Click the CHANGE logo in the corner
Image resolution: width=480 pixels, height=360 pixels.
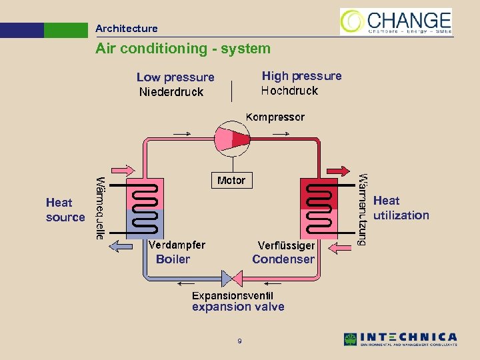tap(396, 21)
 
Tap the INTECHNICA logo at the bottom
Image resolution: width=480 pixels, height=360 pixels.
tap(400, 339)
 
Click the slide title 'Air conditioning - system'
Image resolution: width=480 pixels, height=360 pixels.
tap(183, 49)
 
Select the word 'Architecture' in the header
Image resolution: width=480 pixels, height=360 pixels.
tap(126, 29)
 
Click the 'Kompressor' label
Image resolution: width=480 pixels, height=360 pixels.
tap(275, 117)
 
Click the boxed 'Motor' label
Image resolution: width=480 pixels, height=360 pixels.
tap(231, 181)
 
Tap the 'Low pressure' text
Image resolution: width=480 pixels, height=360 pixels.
tap(175, 77)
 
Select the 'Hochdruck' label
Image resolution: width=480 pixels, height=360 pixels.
tap(289, 91)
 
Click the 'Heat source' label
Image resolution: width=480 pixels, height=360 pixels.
tap(65, 209)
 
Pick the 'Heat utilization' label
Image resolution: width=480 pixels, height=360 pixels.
tap(401, 208)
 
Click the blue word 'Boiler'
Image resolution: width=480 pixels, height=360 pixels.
tap(173, 259)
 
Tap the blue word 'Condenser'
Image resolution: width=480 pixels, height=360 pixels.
tap(283, 259)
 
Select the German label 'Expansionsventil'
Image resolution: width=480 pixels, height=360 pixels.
tap(233, 295)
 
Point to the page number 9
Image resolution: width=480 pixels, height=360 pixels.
tap(239, 342)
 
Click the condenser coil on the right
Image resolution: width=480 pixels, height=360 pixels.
tap(319, 208)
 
